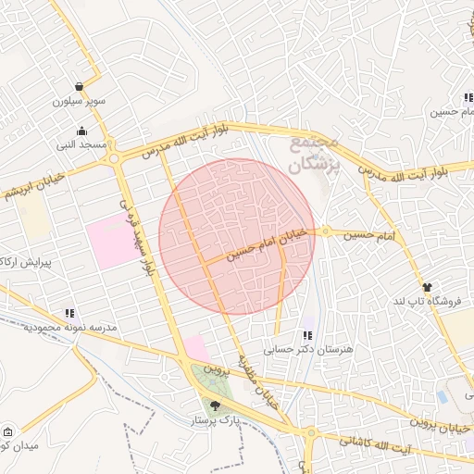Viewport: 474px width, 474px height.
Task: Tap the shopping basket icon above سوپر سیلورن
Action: coord(80,85)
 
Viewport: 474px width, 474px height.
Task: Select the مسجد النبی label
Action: coord(81,144)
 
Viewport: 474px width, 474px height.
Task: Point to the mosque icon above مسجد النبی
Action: coord(81,131)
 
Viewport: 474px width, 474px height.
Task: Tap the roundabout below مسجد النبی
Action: coord(114,158)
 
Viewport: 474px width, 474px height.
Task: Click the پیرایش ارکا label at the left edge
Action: coord(20,263)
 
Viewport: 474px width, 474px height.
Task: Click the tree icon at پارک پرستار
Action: coord(216,405)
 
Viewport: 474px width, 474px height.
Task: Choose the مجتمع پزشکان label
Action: coord(315,155)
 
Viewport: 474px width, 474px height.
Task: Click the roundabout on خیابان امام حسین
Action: coord(326,231)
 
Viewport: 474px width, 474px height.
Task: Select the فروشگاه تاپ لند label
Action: coord(426,302)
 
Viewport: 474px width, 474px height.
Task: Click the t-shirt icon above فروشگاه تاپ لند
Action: coord(427,287)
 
